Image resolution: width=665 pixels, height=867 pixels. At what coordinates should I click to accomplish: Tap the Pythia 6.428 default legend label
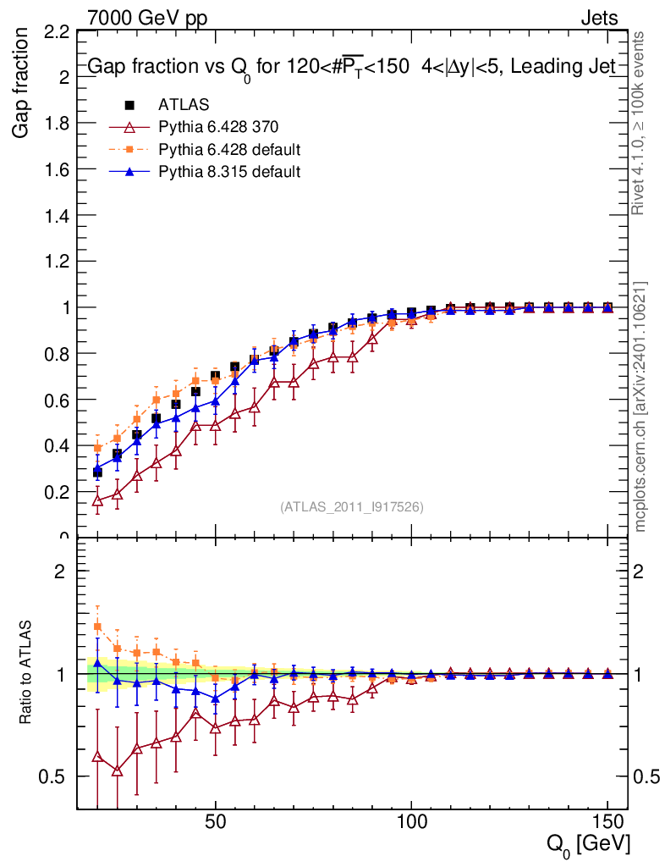(229, 150)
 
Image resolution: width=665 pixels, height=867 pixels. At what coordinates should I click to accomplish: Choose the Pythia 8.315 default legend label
(229, 172)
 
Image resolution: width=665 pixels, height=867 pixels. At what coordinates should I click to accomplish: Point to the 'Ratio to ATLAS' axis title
(25, 673)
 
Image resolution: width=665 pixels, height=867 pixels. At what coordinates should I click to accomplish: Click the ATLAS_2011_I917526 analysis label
(351, 506)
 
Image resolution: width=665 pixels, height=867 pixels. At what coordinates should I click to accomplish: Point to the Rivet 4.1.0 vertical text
(640, 123)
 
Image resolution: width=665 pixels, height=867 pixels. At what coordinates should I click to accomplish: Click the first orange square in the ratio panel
(97, 627)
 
